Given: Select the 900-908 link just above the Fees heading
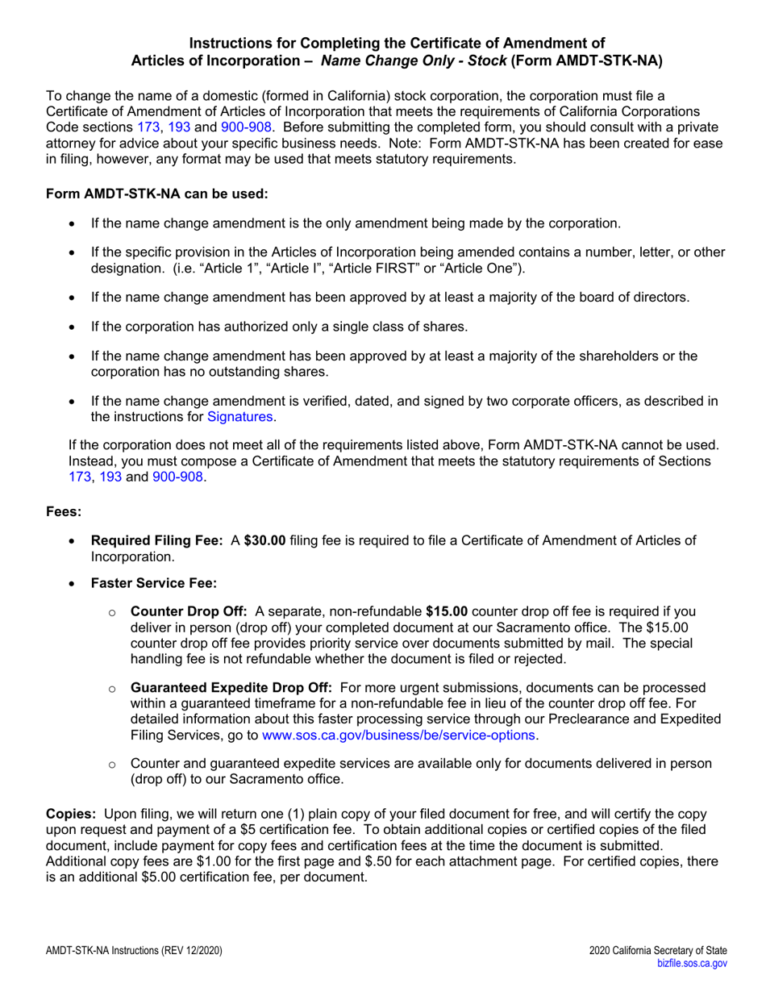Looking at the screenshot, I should tap(177, 477).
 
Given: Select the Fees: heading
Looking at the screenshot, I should tap(64, 512).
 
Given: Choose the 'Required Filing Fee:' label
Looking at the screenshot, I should tap(157, 540).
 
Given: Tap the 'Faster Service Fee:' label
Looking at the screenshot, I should tap(154, 583).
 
